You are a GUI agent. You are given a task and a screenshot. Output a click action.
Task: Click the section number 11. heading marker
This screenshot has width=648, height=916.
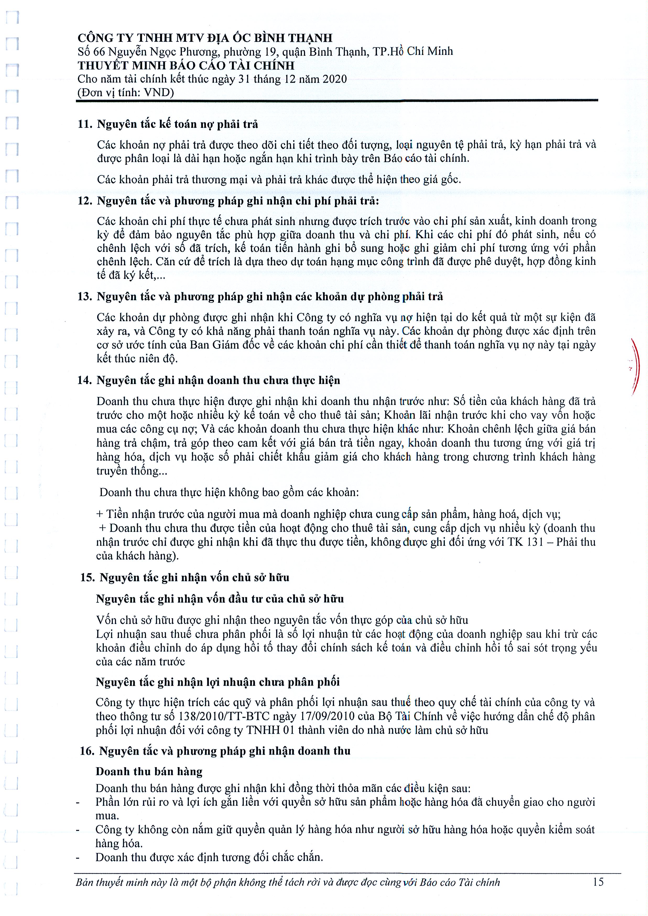click(x=85, y=124)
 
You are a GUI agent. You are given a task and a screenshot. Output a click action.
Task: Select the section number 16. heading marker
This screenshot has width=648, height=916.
click(x=87, y=751)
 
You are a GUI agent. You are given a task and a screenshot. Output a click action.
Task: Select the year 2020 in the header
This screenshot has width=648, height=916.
click(x=334, y=79)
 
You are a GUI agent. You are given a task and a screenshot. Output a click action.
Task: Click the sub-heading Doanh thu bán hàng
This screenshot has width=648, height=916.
click(x=149, y=772)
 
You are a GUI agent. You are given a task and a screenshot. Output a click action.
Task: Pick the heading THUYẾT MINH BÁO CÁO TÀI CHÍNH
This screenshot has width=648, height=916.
click(x=186, y=65)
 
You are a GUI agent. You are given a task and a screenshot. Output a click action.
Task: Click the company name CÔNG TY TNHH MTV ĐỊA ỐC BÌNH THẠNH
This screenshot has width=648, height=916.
click(x=205, y=38)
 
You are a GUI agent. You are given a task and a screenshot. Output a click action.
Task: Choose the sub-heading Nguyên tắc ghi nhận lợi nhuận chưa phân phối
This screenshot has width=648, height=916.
click(x=217, y=682)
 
